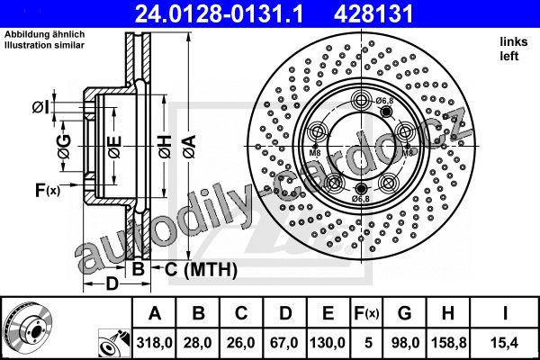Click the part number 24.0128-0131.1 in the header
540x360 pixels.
pyautogui.click(x=219, y=13)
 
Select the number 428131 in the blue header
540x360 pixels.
pyautogui.click(x=373, y=13)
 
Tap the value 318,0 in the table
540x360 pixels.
pyautogui.click(x=154, y=343)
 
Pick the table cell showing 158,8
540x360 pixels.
pyautogui.click(x=449, y=343)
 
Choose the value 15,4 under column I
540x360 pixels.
pyautogui.click(x=505, y=343)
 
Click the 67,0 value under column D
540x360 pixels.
pyautogui.click(x=284, y=343)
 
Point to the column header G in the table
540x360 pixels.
pyautogui.click(x=404, y=313)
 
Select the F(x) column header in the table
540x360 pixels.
pyautogui.click(x=366, y=313)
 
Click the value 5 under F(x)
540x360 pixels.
pyautogui.click(x=368, y=343)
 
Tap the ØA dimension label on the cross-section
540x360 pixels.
pyautogui.click(x=190, y=147)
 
